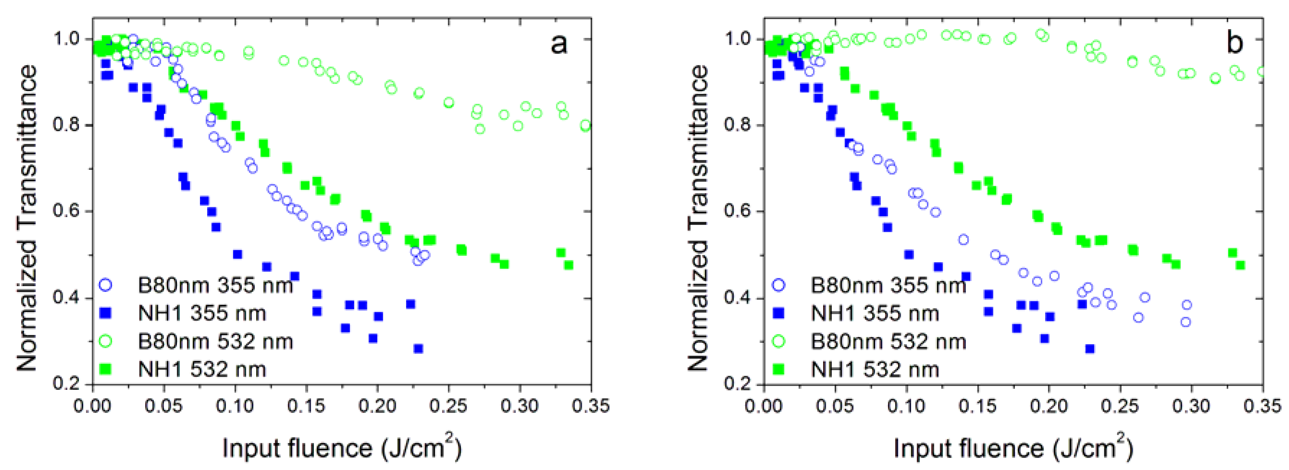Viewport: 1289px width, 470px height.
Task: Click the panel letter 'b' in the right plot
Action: tap(1235, 43)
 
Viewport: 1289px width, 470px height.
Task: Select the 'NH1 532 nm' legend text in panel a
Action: tap(202, 370)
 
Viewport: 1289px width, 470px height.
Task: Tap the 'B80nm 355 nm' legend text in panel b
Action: tap(888, 285)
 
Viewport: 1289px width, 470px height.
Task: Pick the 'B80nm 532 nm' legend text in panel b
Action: tap(888, 342)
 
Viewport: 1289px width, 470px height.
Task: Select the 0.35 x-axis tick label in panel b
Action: tap(1262, 406)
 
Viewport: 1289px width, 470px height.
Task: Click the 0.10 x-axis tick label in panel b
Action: tap(906, 406)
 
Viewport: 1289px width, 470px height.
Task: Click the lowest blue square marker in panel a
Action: tap(418, 349)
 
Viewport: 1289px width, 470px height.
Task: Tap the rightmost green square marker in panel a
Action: tap(568, 265)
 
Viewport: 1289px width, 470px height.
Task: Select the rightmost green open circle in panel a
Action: tap(585, 126)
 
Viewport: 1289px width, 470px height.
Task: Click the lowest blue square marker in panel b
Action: tap(1089, 349)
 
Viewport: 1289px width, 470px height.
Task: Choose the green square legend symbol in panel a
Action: tap(106, 369)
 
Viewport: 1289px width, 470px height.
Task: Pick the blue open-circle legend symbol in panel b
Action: tap(779, 285)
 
